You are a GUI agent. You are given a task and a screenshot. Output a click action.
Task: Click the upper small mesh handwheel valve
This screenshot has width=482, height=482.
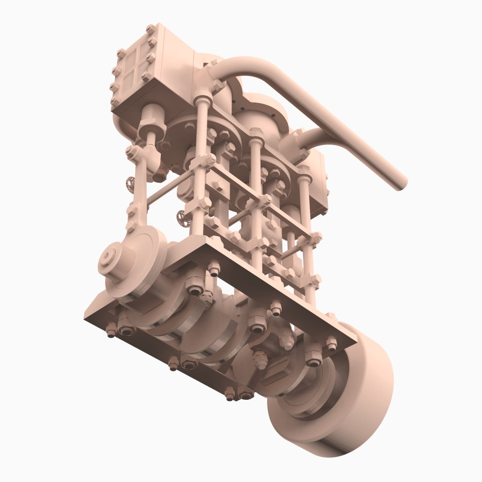click(130, 183)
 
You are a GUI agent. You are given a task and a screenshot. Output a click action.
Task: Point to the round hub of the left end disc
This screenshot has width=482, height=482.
click(108, 258)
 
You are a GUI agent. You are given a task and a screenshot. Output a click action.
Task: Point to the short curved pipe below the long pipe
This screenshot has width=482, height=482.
click(312, 138)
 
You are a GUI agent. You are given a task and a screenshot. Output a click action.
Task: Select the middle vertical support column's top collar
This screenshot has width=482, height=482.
click(256, 134)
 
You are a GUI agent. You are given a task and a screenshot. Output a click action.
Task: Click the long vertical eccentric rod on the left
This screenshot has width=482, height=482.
click(139, 187)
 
